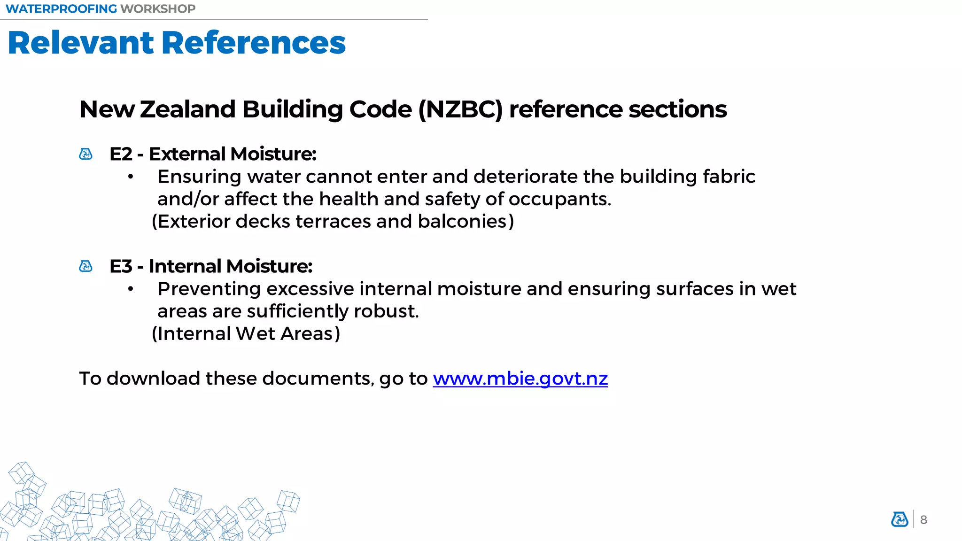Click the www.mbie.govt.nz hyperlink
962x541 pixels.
click(520, 379)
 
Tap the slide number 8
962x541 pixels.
click(923, 520)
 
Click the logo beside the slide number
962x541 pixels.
click(900, 519)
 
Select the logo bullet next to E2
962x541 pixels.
click(86, 154)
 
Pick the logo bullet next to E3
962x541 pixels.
click(86, 266)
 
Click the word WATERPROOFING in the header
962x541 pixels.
click(61, 9)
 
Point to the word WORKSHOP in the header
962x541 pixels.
click(158, 9)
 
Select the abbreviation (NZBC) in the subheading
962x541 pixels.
click(460, 109)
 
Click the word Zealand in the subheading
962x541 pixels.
click(188, 109)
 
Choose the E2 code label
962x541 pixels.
click(121, 154)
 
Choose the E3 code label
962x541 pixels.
click(121, 266)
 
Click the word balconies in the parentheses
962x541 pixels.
click(462, 221)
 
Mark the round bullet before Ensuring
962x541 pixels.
click(131, 177)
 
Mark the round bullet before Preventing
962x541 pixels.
click(131, 289)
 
